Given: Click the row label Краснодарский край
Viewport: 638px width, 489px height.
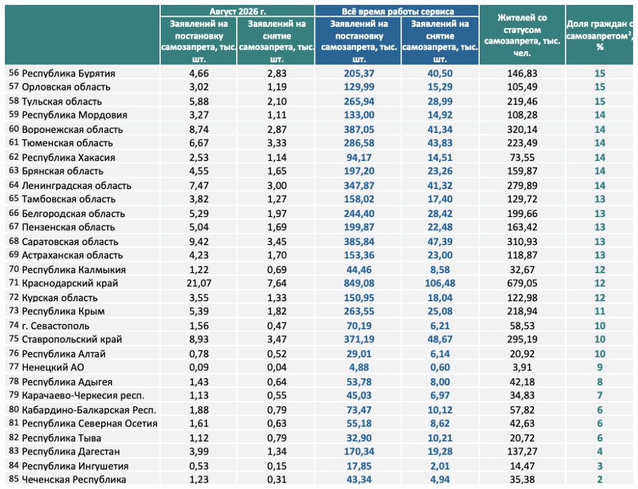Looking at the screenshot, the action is pos(70,283).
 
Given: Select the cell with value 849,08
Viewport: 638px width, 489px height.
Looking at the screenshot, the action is pos(359,283).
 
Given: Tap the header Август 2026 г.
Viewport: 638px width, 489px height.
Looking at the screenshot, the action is pos(237,11).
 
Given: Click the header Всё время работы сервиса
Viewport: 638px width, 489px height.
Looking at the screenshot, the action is pos(398,11).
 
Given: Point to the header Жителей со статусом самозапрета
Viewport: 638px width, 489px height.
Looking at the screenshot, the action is pos(522,35).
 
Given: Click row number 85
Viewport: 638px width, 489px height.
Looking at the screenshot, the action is pos(14,479).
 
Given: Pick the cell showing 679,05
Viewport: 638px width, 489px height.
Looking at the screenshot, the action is pos(522,283).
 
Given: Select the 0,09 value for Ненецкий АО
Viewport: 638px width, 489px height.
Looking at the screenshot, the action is pos(199,367).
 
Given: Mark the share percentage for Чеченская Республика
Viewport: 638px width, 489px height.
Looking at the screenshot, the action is pos(600,480).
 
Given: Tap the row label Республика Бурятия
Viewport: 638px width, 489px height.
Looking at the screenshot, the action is pos(69,74).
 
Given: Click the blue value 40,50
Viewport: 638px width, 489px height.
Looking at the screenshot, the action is pos(440,74).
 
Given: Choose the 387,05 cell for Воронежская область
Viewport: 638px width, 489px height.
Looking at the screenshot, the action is pos(359,130).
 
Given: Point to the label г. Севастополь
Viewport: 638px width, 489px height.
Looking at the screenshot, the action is pos(55,326).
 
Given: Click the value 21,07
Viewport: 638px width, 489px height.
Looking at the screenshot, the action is pos(199,283).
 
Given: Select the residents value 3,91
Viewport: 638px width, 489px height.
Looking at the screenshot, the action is pos(522,367).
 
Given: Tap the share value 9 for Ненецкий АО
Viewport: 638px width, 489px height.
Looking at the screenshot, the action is pos(600,367).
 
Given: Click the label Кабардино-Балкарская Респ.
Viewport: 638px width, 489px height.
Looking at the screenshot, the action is pos(89,410).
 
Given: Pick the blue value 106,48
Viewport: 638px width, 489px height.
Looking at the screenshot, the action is pos(440,283).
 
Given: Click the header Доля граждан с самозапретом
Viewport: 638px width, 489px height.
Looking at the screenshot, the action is pos(600,35).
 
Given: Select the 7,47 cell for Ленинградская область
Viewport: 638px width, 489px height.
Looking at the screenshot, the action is pos(199,185).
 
